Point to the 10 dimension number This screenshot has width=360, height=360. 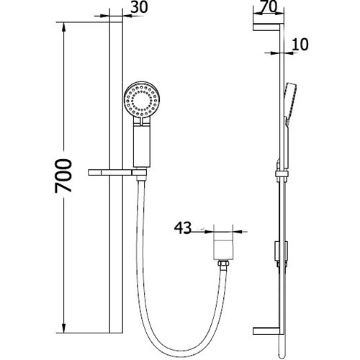coord(301,45)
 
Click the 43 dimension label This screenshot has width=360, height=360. coord(183,229)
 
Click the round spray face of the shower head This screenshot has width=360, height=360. coord(142,101)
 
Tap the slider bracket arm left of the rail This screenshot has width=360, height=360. coord(109,172)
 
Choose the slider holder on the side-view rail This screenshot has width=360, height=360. coord(279,173)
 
